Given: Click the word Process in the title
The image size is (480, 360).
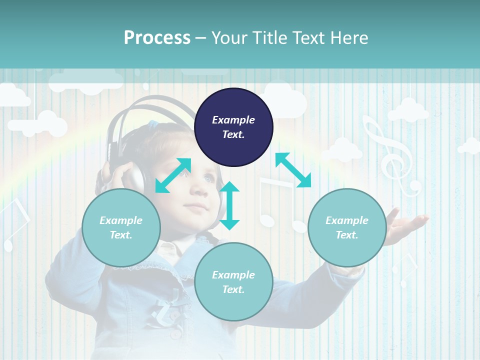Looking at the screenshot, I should [x=157, y=38].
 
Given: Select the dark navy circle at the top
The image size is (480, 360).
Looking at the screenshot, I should [x=233, y=127].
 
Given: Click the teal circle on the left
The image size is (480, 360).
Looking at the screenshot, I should [x=121, y=227].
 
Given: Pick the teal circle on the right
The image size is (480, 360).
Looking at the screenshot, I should [x=346, y=227].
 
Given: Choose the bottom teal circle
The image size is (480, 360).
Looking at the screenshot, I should [x=233, y=282].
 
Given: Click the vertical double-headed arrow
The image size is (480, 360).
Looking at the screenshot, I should [x=229, y=205].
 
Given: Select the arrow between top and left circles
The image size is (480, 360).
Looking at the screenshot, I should [x=173, y=175].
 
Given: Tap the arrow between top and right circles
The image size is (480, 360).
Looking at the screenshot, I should [x=293, y=170].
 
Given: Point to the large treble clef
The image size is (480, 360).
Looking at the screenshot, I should [x=391, y=155].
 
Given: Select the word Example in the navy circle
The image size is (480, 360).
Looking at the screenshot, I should [x=233, y=120].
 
